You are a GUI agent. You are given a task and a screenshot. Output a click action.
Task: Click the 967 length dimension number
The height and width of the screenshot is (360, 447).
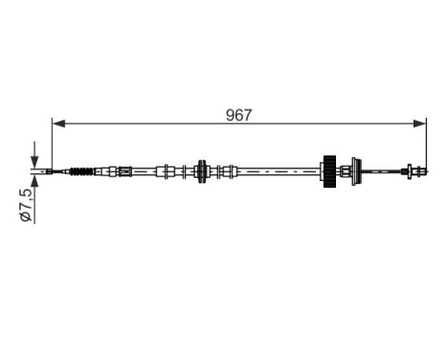tap(239, 115)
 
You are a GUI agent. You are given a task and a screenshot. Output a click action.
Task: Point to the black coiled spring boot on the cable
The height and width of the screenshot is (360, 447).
tap(83, 172)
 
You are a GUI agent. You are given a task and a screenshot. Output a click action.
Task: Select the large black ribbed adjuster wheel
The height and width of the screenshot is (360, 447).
tap(329, 171)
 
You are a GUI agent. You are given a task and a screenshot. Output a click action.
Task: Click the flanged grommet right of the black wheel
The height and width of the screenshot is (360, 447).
tap(354, 172)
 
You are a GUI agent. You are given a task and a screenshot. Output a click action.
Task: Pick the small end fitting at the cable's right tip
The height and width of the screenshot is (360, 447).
tap(413, 172)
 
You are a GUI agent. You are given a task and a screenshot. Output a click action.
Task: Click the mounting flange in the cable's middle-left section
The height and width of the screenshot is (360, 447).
tap(202, 172)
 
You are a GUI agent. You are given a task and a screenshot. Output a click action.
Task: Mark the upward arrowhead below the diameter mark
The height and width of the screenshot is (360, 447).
tap(34, 182)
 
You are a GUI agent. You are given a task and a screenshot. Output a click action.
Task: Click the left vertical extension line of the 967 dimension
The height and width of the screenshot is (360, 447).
tap(51, 144)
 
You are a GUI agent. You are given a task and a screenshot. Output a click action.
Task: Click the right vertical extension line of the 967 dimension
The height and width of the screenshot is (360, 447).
tap(425, 144)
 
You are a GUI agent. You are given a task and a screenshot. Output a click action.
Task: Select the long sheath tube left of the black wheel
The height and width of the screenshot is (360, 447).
tap(278, 172)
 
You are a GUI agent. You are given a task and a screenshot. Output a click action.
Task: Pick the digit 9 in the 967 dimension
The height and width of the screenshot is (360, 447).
tap(231, 115)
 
